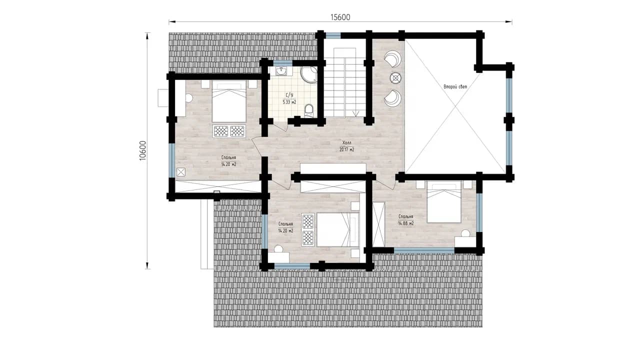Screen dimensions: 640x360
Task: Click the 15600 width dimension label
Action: point(340,17)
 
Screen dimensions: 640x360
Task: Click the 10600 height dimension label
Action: point(142,150)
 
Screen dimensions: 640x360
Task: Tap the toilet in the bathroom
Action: point(309,110)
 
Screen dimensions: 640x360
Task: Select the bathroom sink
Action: point(281,71)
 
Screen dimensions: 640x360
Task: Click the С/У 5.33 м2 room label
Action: point(289,98)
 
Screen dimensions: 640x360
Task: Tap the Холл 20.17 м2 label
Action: point(347,146)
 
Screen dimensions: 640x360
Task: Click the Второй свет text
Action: point(455,86)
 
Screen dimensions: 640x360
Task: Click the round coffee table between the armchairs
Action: point(395,77)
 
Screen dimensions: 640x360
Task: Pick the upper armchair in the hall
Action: point(393,59)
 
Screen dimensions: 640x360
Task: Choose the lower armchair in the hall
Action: point(393,98)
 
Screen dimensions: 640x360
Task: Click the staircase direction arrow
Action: point(355,113)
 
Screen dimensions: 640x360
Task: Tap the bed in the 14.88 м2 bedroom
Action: point(444,202)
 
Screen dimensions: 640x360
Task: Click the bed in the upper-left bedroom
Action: point(229,101)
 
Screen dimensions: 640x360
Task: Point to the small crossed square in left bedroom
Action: point(181,172)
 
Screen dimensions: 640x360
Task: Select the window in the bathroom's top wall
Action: point(282,63)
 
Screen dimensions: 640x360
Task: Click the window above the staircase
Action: point(333,35)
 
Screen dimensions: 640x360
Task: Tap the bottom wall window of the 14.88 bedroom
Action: point(424,250)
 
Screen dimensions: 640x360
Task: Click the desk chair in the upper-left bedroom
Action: point(189,98)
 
